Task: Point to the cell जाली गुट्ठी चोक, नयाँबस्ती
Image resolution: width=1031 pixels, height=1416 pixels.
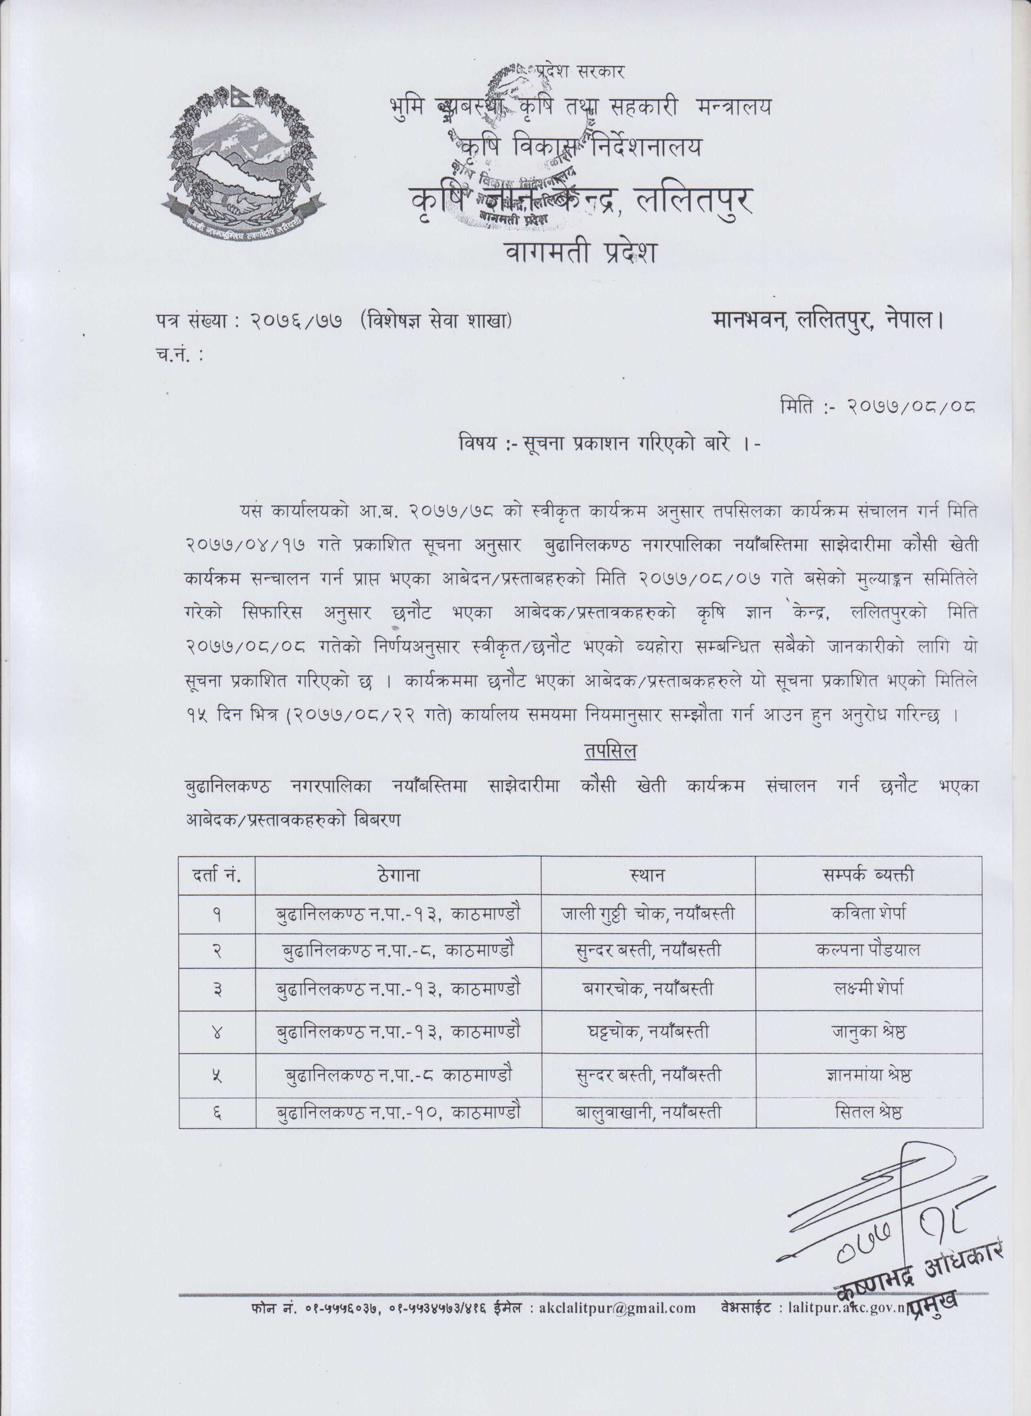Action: click(647, 913)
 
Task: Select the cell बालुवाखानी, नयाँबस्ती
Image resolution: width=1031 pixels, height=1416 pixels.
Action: click(647, 1111)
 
